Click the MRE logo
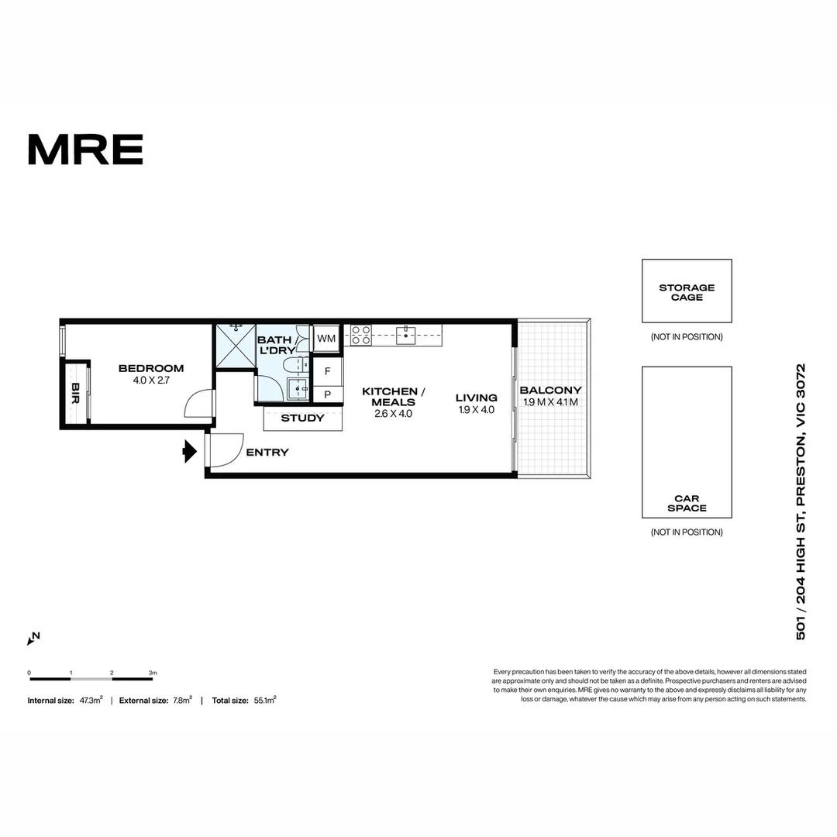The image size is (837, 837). (x=85, y=149)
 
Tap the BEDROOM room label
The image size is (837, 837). (x=150, y=368)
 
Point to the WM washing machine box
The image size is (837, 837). (x=326, y=339)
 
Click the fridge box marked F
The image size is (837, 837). (x=327, y=371)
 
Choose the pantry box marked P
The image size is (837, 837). (x=327, y=394)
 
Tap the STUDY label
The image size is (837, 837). (x=302, y=418)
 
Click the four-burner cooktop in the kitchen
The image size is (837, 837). (x=360, y=335)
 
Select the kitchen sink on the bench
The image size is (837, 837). (x=407, y=335)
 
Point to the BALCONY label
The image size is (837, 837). (x=550, y=390)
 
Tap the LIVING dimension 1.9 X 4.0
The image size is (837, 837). (x=476, y=410)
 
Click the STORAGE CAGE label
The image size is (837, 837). (x=687, y=292)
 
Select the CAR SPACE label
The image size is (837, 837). (x=687, y=503)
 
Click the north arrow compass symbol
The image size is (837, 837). (x=33, y=639)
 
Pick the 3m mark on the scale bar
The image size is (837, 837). (x=153, y=673)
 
